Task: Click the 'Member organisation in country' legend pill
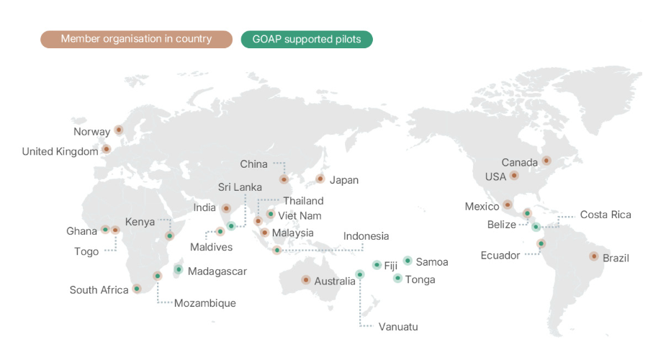pos(136,39)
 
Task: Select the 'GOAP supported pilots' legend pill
pos(307,39)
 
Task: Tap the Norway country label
pos(91,132)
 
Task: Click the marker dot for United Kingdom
pos(107,150)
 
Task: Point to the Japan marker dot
pos(320,179)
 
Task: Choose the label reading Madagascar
pos(217,271)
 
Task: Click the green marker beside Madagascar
pos(179,270)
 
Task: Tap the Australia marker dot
pos(306,279)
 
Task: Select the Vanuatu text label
pos(398,327)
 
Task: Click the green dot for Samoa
pos(408,261)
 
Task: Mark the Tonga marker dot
pos(397,278)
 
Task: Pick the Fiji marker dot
pos(377,265)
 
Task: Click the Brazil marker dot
pos(594,256)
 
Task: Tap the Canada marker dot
pos(546,161)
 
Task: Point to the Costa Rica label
pos(605,215)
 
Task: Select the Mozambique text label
pos(204,303)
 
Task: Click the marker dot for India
pos(226,208)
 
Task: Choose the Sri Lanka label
pos(240,187)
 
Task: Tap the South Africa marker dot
pos(137,289)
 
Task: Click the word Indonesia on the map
pos(366,236)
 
